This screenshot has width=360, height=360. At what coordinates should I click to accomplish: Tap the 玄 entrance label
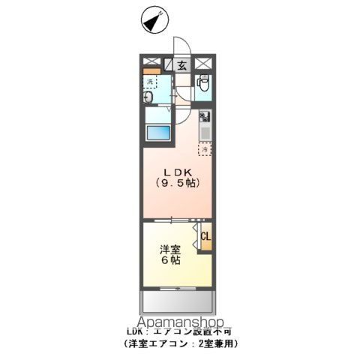coord(182,65)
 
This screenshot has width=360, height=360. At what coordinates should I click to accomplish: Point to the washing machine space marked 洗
coord(150,81)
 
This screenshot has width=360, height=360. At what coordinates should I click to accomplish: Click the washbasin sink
coord(148,98)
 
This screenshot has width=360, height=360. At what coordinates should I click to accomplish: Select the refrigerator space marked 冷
coord(205,148)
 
